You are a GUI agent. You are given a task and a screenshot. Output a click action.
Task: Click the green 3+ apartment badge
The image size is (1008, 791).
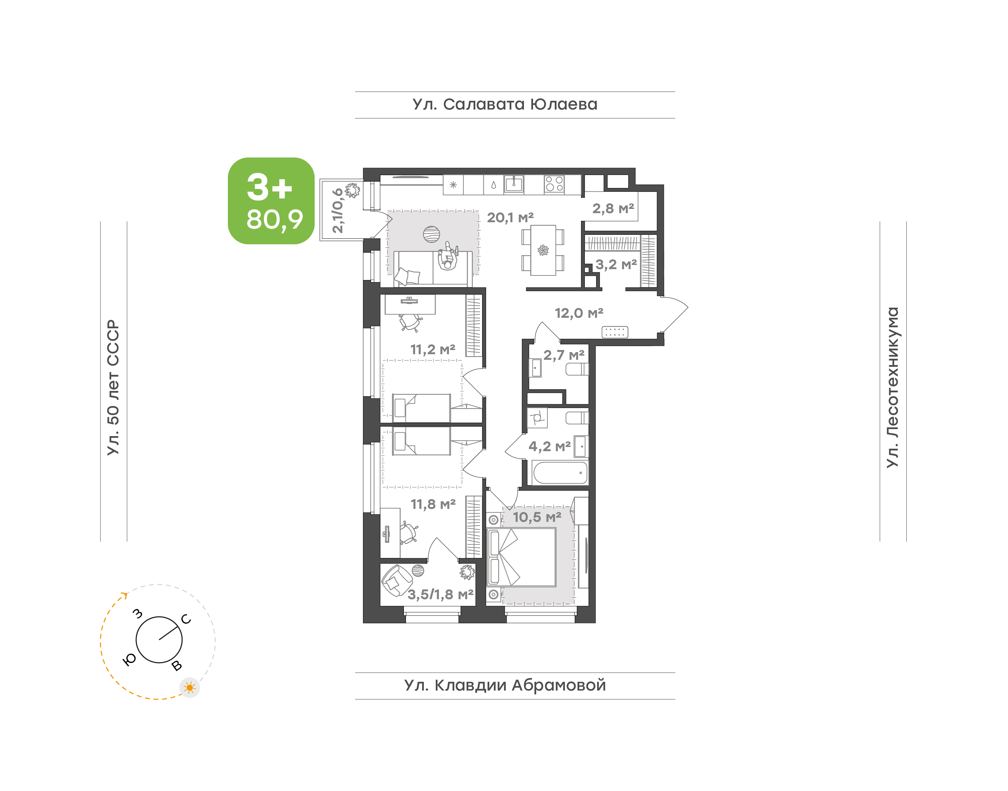tap(271, 201)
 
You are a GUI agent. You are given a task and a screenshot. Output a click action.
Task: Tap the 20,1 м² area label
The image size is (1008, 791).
tap(510, 217)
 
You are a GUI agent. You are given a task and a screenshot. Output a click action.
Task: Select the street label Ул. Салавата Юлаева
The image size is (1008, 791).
tap(505, 105)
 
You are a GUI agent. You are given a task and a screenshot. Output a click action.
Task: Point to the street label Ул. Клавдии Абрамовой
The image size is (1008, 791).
tap(505, 685)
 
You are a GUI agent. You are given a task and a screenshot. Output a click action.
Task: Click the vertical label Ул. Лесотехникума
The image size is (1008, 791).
tap(892, 387)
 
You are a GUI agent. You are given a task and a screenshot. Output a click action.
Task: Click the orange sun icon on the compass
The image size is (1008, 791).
tap(189, 688)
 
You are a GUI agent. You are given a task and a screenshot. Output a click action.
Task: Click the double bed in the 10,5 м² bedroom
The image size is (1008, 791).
tap(522, 558)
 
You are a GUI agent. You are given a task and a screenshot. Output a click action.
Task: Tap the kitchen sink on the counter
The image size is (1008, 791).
tap(514, 184)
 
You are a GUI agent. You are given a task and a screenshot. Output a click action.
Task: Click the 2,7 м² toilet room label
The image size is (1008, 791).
tap(564, 355)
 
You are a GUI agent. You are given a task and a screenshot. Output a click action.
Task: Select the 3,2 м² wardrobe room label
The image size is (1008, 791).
tap(616, 265)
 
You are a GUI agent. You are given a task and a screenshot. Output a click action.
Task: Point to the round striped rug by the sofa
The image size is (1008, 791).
tap(432, 234)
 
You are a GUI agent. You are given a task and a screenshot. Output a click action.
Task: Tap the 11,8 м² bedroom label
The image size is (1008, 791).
tap(433, 504)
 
